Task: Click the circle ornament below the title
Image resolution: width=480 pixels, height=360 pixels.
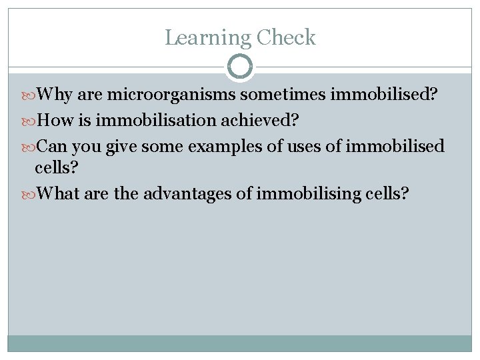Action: click(240, 67)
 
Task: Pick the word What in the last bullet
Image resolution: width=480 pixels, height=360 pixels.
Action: click(59, 194)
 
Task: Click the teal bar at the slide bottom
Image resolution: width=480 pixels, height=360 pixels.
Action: click(240, 343)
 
